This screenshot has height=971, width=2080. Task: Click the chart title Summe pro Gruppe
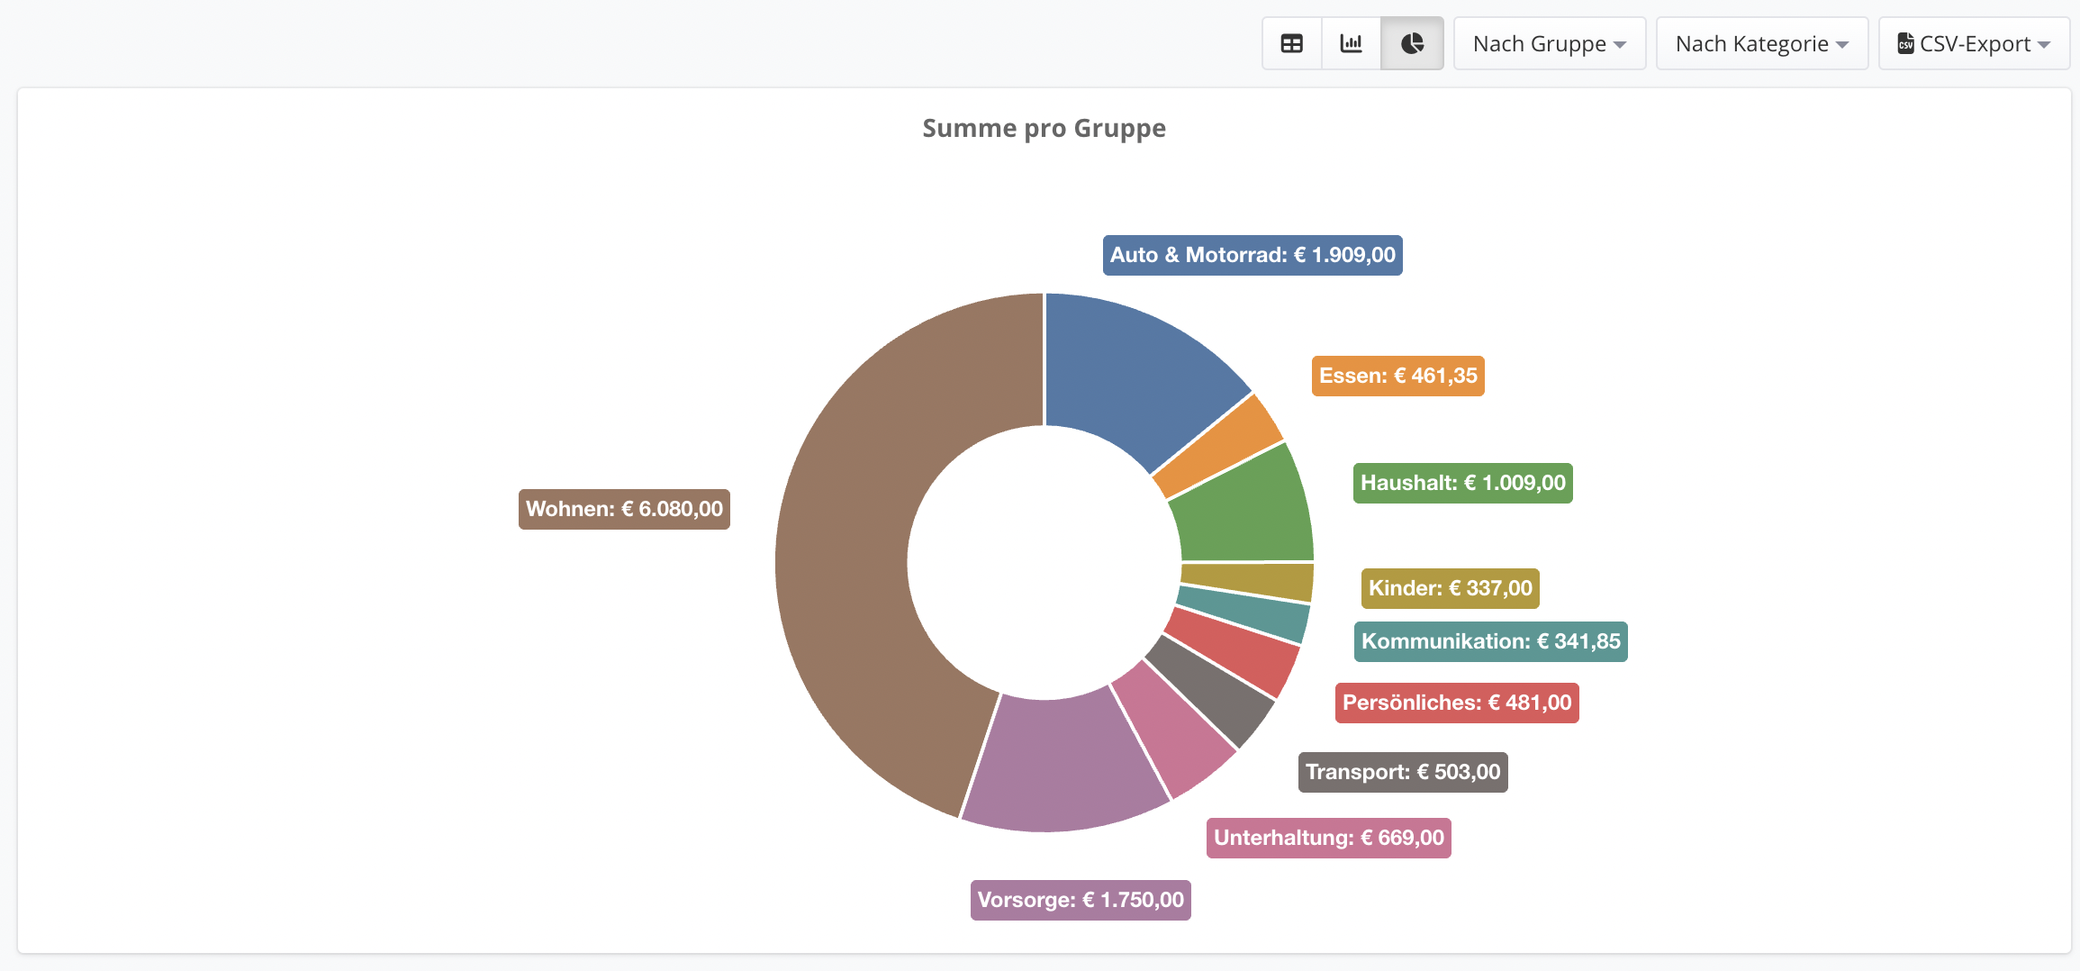(x=1044, y=129)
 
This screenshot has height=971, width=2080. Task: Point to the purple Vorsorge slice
(x=1063, y=766)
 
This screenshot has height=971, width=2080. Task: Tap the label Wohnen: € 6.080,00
(x=624, y=509)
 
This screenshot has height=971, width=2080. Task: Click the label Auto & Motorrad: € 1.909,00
(x=1253, y=255)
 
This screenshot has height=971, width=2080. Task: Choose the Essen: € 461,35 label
(x=1397, y=376)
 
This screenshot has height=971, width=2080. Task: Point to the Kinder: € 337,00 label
(x=1450, y=588)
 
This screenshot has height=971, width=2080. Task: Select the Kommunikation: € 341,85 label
(x=1490, y=641)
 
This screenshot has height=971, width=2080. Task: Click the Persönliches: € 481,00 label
(x=1457, y=703)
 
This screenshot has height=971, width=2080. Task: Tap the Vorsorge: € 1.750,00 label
(x=1081, y=900)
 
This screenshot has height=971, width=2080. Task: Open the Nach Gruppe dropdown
(x=1550, y=43)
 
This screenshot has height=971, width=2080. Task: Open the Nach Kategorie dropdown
(x=1762, y=43)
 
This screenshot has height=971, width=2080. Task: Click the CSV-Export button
(x=1974, y=43)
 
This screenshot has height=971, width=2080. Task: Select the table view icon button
(x=1292, y=43)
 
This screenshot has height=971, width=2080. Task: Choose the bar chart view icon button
(x=1352, y=43)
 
